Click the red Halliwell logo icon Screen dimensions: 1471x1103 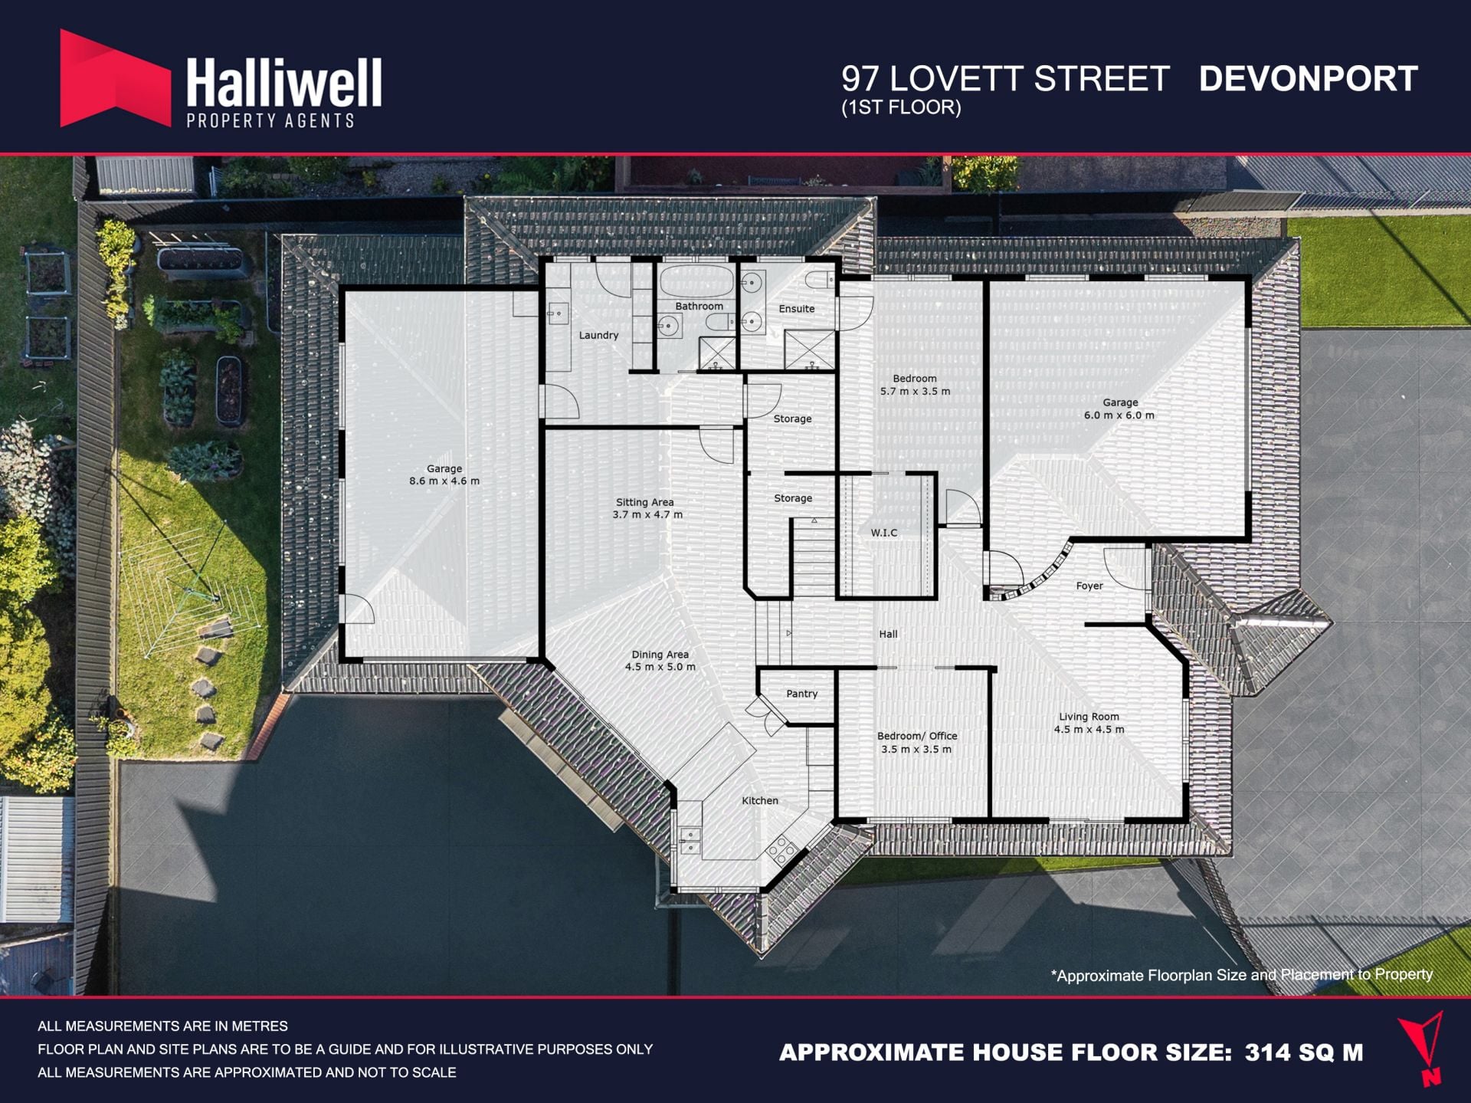pos(115,78)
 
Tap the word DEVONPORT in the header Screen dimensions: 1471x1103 pos(1308,79)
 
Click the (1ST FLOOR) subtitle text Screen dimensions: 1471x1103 pos(901,107)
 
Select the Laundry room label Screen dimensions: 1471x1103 pos(598,335)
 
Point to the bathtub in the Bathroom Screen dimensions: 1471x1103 pos(696,281)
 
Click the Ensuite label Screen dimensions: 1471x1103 pos(797,309)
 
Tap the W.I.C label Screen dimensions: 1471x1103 pos(884,533)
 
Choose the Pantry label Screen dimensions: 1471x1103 pos(802,694)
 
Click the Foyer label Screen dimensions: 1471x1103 pos(1089,586)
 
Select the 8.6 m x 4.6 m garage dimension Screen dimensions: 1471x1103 pos(444,481)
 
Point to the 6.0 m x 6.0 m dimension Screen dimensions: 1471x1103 pos(1119,415)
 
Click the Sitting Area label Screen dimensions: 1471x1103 pos(645,502)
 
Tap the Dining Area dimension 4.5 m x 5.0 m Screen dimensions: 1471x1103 pos(660,667)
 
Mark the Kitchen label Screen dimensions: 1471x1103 pos(760,800)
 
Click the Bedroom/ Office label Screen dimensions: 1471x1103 pos(917,736)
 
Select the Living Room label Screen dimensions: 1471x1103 pos(1089,717)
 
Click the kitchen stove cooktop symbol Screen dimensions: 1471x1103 pos(782,848)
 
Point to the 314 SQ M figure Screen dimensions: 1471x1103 pos(1304,1052)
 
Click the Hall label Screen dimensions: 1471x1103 pos(888,634)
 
